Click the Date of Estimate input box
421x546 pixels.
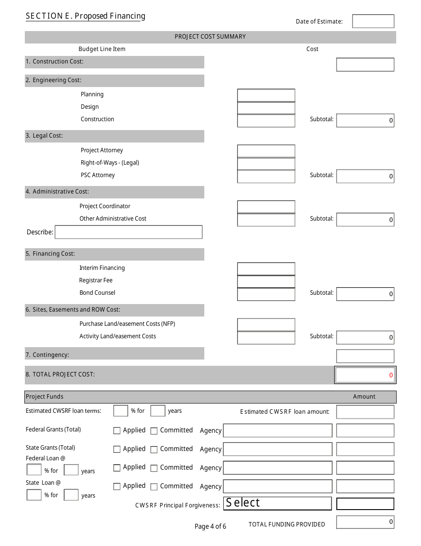pos(373,21)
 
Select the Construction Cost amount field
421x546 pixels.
pos(365,65)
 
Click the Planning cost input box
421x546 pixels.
pos(266,95)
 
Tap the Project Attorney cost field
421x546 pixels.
pos(266,151)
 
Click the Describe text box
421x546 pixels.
pos(129,232)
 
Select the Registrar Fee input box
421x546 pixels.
pos(266,281)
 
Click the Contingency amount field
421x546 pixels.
pos(365,356)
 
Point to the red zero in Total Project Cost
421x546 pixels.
pos(391,375)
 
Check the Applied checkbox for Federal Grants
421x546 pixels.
pos(117,431)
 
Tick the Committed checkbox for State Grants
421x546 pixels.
pos(154,450)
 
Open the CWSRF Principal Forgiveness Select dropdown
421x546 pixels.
pos(277,503)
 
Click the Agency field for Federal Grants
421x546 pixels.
pos(277,431)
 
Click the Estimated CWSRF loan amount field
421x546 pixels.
pos(365,412)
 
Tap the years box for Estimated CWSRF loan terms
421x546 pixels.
pos(158,411)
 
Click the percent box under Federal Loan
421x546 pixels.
pos(34,470)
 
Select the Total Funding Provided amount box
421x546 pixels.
pos(365,522)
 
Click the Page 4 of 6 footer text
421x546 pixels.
pos(210,526)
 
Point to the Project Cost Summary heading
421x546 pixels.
pos(210,37)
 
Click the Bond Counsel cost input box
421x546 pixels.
pos(266,294)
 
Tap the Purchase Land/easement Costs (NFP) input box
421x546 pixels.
pos(266,325)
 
